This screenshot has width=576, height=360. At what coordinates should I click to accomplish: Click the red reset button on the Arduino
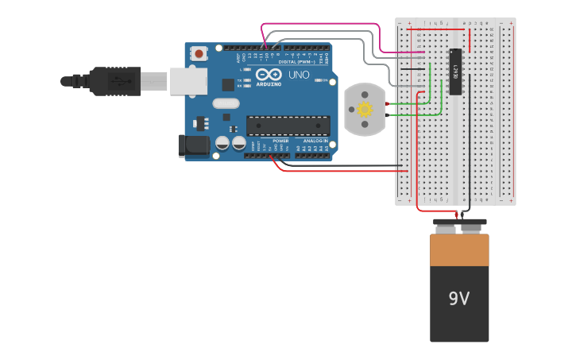pyautogui.click(x=199, y=53)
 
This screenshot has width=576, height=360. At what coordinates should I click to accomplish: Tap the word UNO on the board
pyautogui.click(x=299, y=75)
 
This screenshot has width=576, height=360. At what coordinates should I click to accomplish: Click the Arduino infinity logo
pyautogui.click(x=268, y=74)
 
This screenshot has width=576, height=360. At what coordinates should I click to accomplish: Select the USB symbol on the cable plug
pyautogui.click(x=118, y=80)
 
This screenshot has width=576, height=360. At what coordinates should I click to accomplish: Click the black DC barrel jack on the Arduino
pyautogui.click(x=193, y=145)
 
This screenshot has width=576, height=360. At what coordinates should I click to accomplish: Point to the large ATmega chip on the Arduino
pyautogui.click(x=288, y=126)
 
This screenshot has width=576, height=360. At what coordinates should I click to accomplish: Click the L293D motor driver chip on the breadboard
pyautogui.click(x=455, y=72)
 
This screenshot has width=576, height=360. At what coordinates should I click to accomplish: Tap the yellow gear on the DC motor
pyautogui.click(x=365, y=109)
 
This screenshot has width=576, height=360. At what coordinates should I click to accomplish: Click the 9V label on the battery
pyautogui.click(x=459, y=299)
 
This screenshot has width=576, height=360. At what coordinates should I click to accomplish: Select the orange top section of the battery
pyautogui.click(x=459, y=250)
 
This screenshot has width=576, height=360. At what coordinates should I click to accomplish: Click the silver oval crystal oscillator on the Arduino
pyautogui.click(x=226, y=103)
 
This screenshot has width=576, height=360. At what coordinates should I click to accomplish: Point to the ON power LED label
pyautogui.click(x=324, y=79)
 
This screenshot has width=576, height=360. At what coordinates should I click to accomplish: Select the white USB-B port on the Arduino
pyautogui.click(x=188, y=80)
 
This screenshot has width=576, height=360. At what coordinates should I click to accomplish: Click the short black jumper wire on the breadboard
pyautogui.click(x=412, y=69)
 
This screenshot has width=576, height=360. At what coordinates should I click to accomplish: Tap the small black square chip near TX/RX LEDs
pyautogui.click(x=228, y=84)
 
